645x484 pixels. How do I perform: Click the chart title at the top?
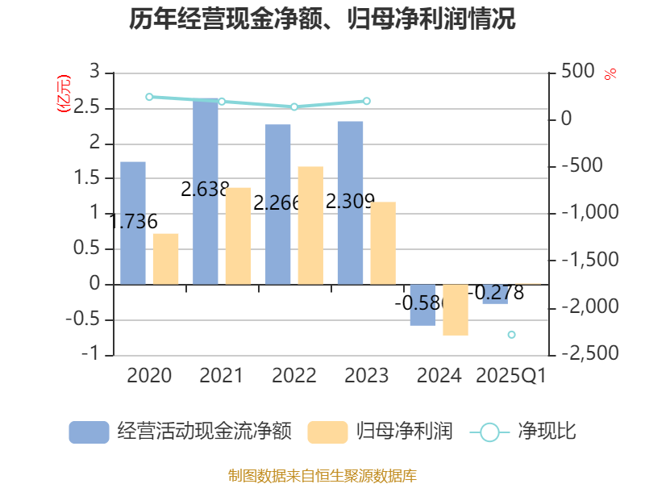(322, 19)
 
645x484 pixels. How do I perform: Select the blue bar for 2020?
(133, 223)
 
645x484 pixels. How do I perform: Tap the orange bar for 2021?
(238, 236)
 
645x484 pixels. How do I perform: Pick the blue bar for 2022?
(278, 204)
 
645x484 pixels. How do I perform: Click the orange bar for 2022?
(310, 225)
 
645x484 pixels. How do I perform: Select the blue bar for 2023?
(351, 202)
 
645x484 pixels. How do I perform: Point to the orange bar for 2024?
(456, 310)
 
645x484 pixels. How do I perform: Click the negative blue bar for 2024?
(423, 305)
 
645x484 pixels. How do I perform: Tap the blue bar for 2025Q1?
(495, 294)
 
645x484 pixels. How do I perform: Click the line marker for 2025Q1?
(511, 334)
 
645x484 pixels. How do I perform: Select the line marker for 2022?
(294, 106)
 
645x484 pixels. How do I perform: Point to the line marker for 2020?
(149, 97)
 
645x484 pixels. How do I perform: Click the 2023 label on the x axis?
(366, 376)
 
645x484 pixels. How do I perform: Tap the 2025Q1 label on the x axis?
(511, 376)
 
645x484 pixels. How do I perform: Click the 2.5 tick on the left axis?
(89, 108)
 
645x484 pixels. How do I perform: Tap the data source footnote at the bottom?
(322, 475)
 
